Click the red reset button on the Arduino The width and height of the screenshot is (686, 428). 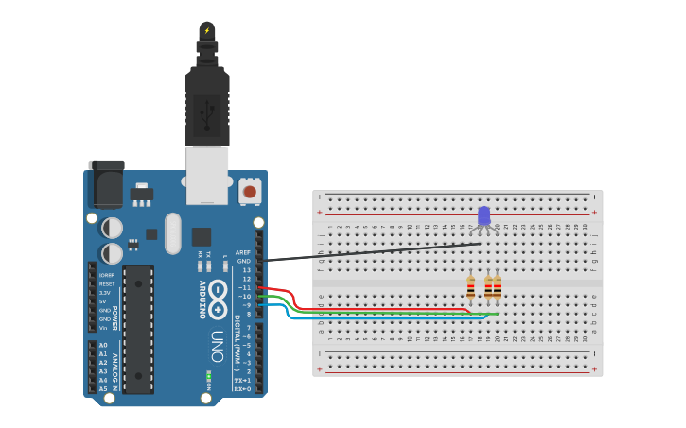(x=250, y=192)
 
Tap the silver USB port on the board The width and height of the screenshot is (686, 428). (x=207, y=175)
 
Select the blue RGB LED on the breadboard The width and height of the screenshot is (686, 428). (x=484, y=216)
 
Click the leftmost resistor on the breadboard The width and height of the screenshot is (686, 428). (x=470, y=286)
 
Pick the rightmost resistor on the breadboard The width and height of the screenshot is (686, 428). (x=497, y=286)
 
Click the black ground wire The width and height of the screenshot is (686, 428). (x=378, y=251)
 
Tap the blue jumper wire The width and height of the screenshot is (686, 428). (x=378, y=317)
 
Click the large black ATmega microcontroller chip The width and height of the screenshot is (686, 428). (x=138, y=329)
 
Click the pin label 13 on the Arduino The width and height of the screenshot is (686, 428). (x=247, y=269)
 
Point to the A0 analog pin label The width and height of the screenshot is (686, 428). (x=103, y=345)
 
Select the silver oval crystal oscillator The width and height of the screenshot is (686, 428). (x=172, y=233)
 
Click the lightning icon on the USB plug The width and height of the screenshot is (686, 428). (x=207, y=30)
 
